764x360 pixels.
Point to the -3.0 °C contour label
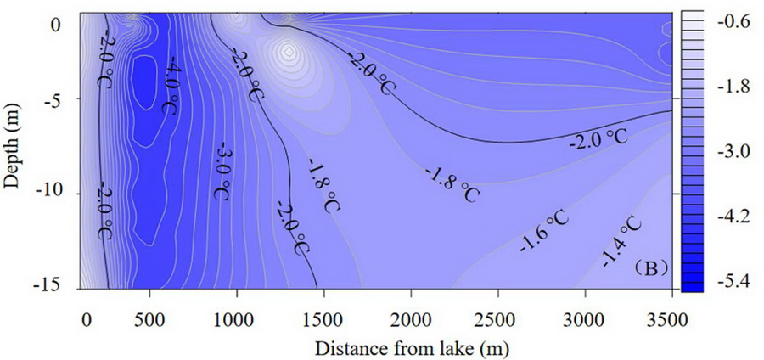222,170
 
